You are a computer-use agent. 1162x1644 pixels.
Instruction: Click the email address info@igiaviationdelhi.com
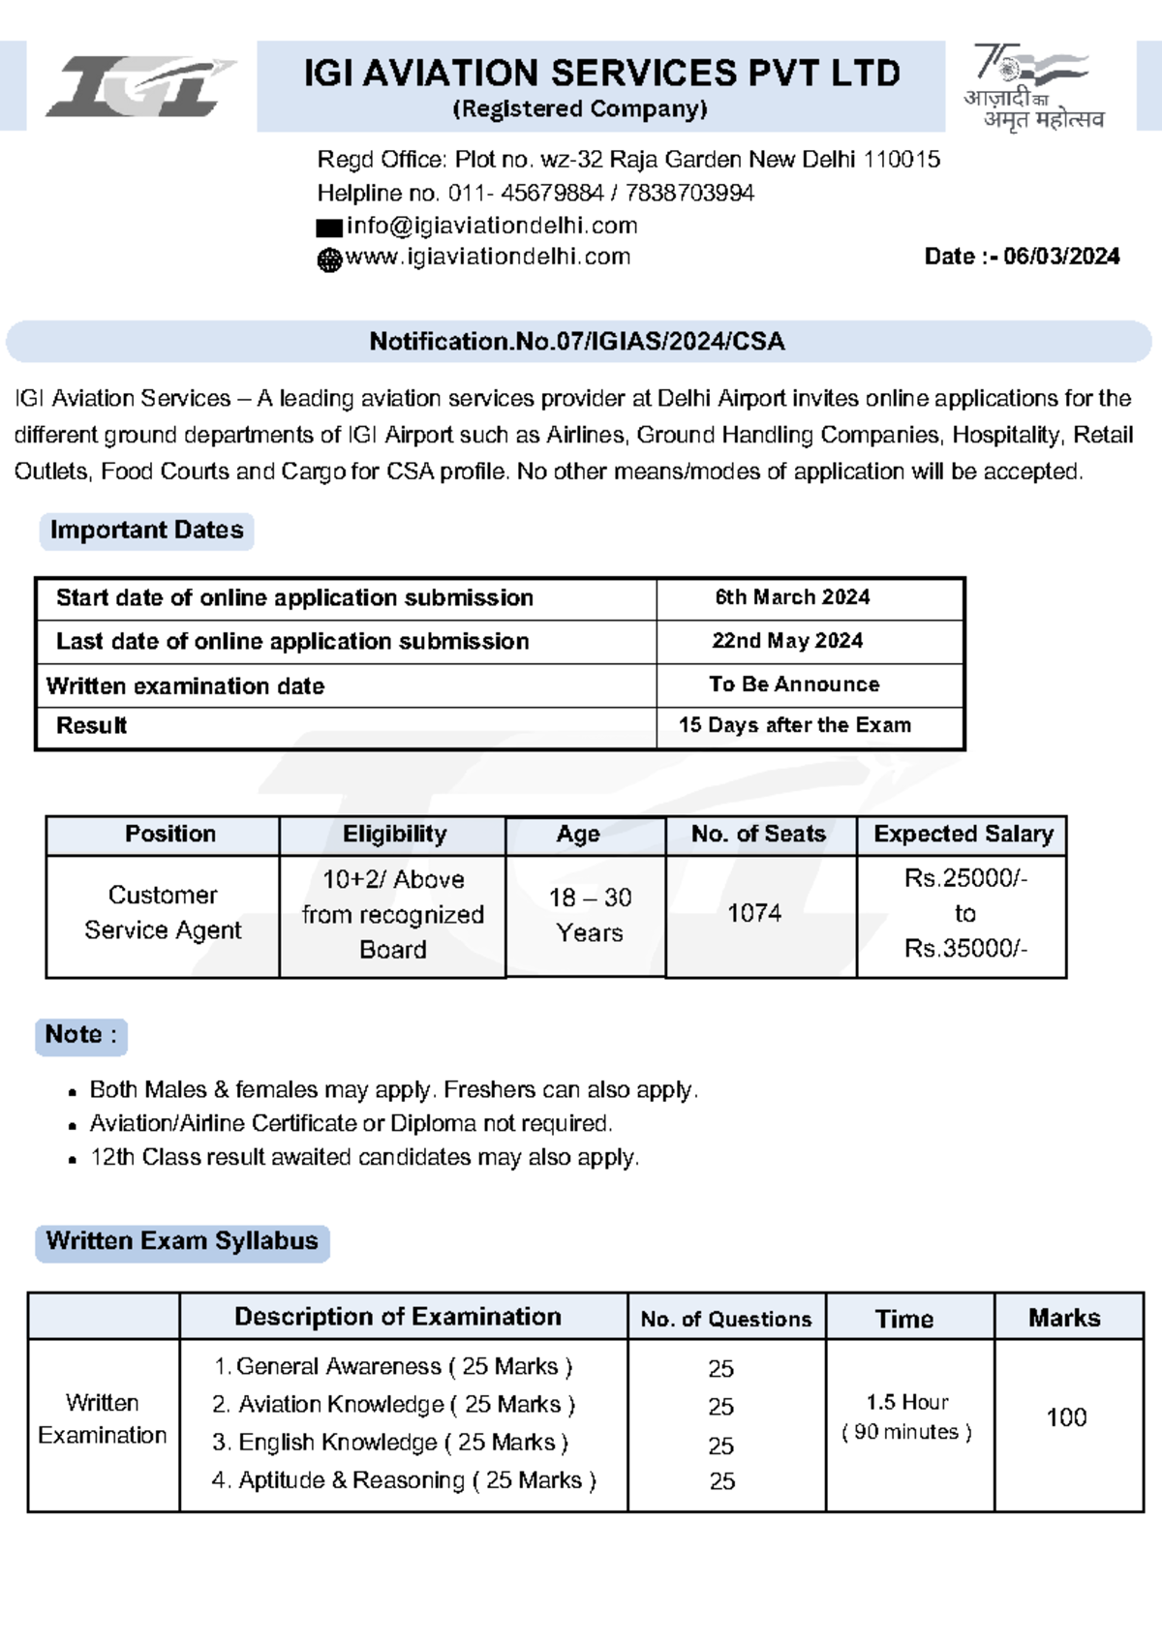(492, 226)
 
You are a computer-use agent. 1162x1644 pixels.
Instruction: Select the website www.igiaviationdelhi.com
(487, 257)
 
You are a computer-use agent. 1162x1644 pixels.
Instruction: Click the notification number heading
(577, 342)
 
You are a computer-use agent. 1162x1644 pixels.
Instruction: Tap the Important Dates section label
(146, 531)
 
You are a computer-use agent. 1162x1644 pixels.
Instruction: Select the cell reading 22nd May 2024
(787, 641)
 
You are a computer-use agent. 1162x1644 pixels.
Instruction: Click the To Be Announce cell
(794, 685)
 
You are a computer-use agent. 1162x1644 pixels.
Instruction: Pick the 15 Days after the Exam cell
(794, 725)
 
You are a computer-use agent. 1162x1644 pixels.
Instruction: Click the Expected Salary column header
(963, 835)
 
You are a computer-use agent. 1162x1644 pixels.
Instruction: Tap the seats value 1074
(754, 913)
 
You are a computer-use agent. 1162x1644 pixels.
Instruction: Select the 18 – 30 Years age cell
(589, 915)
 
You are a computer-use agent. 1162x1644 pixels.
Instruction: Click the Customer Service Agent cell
(163, 913)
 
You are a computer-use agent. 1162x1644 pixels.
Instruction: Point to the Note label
(80, 1035)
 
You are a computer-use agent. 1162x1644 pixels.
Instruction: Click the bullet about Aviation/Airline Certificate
(351, 1123)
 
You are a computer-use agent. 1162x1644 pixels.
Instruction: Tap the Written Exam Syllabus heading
(182, 1242)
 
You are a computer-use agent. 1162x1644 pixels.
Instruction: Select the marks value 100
(1066, 1417)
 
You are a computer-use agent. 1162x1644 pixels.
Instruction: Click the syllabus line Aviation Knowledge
(393, 1405)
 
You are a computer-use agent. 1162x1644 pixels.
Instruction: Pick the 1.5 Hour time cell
(907, 1416)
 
